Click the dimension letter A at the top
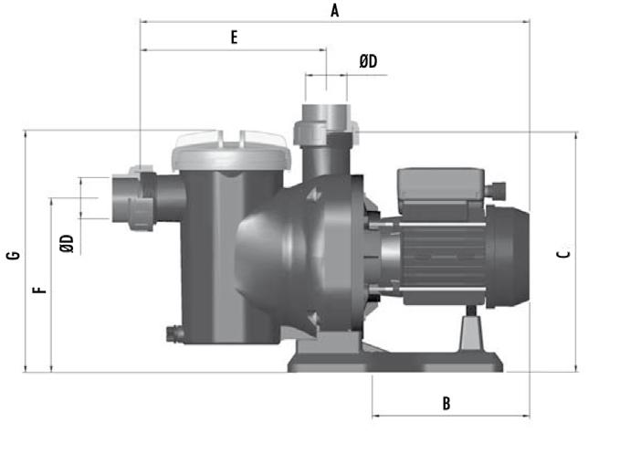[334, 11]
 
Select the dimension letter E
[234, 37]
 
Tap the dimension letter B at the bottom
[446, 404]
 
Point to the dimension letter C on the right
[563, 254]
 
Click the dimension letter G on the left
[14, 255]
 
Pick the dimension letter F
[39, 290]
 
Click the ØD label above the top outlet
[368, 61]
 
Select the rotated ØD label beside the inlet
[67, 243]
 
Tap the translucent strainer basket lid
[231, 150]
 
